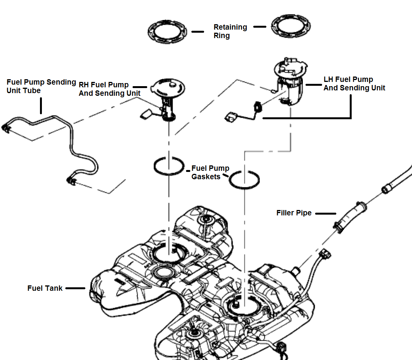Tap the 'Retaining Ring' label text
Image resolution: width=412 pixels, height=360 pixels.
tap(230, 31)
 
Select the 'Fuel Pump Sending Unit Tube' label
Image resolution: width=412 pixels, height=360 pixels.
tap(41, 86)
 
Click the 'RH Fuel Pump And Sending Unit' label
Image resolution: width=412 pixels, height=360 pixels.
tap(109, 89)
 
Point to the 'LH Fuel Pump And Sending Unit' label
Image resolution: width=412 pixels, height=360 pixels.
tap(354, 83)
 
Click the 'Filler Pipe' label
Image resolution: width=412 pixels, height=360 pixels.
tap(294, 213)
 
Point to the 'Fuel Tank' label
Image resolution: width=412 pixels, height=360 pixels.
tap(45, 288)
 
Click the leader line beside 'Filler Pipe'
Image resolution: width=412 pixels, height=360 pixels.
tap(326, 213)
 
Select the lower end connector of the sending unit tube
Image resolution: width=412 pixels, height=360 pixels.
tap(71, 179)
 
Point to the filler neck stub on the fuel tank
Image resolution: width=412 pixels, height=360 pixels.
tap(296, 270)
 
